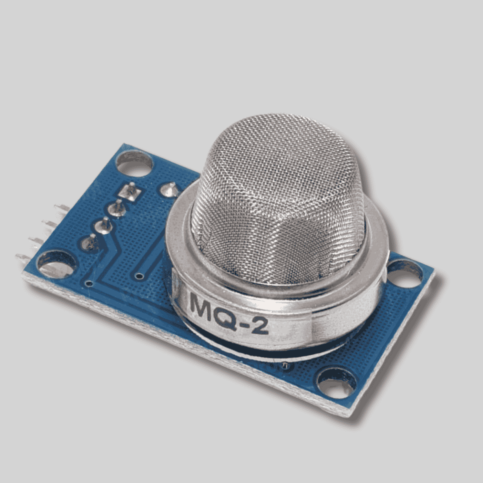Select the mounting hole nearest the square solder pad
(134, 163)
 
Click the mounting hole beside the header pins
(56, 265)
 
